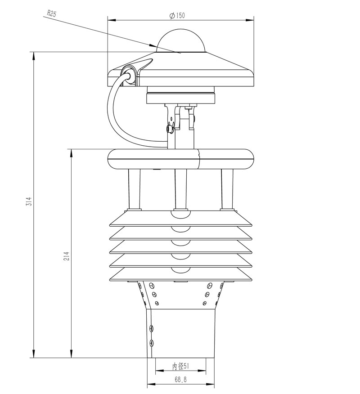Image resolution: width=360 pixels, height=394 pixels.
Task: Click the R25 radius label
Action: [51, 13]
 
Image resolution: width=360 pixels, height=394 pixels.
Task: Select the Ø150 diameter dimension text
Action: [177, 15]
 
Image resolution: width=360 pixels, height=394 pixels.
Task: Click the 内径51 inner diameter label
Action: [180, 367]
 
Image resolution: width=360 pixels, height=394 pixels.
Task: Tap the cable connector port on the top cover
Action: [129, 74]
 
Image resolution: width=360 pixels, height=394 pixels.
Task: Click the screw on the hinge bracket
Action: [170, 129]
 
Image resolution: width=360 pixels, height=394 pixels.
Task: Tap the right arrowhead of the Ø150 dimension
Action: [251, 20]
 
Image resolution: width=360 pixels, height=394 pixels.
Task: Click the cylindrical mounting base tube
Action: [181, 333]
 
